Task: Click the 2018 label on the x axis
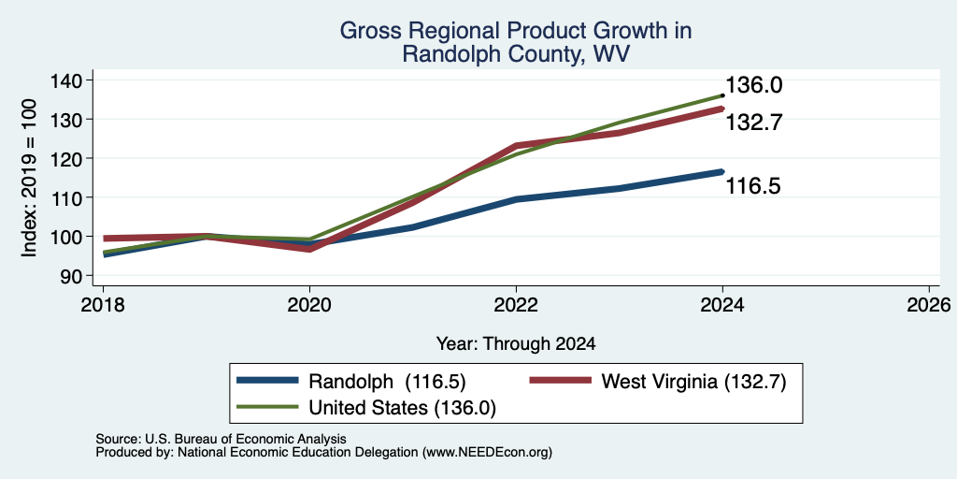103,305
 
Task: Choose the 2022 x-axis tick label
516,305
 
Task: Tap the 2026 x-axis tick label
929,305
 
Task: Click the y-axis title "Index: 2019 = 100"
29,178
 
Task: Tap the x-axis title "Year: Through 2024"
516,344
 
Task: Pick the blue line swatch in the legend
267,381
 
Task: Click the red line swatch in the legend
560,381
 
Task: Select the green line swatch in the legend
267,406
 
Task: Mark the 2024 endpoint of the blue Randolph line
722,172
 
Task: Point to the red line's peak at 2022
516,145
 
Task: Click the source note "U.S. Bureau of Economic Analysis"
246,439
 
